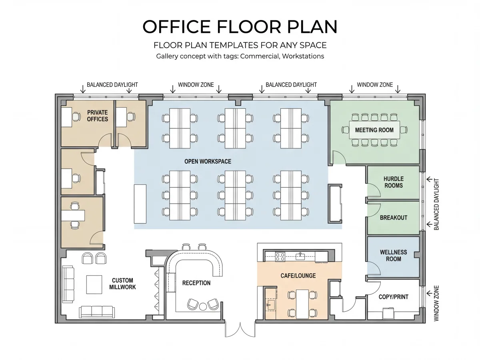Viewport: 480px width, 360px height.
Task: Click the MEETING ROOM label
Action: pos(374,130)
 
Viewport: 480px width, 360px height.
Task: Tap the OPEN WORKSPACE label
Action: pos(208,162)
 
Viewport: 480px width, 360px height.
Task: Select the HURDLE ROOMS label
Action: pos(393,182)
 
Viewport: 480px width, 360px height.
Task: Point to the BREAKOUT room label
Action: pos(393,218)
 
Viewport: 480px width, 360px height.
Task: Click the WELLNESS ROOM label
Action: pos(393,256)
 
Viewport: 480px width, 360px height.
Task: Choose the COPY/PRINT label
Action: pos(393,297)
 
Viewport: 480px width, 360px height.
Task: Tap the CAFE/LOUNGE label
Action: pos(298,276)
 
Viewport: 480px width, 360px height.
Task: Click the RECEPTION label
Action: pos(196,283)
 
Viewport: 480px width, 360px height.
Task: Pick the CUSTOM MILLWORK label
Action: pos(122,284)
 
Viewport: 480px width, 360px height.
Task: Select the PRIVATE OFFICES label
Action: pos(97,116)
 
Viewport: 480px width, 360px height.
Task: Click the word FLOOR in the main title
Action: pos(249,27)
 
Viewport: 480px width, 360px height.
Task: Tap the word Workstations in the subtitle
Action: pos(303,56)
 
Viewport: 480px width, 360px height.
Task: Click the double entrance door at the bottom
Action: pos(240,329)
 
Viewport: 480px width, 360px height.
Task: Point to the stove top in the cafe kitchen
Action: pos(280,256)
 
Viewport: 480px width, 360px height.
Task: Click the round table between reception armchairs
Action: pos(203,306)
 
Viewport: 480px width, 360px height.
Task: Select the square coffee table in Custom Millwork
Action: pos(94,284)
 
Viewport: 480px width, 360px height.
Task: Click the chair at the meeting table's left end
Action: pos(345,130)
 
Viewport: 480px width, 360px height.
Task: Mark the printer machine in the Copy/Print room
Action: pos(388,313)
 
